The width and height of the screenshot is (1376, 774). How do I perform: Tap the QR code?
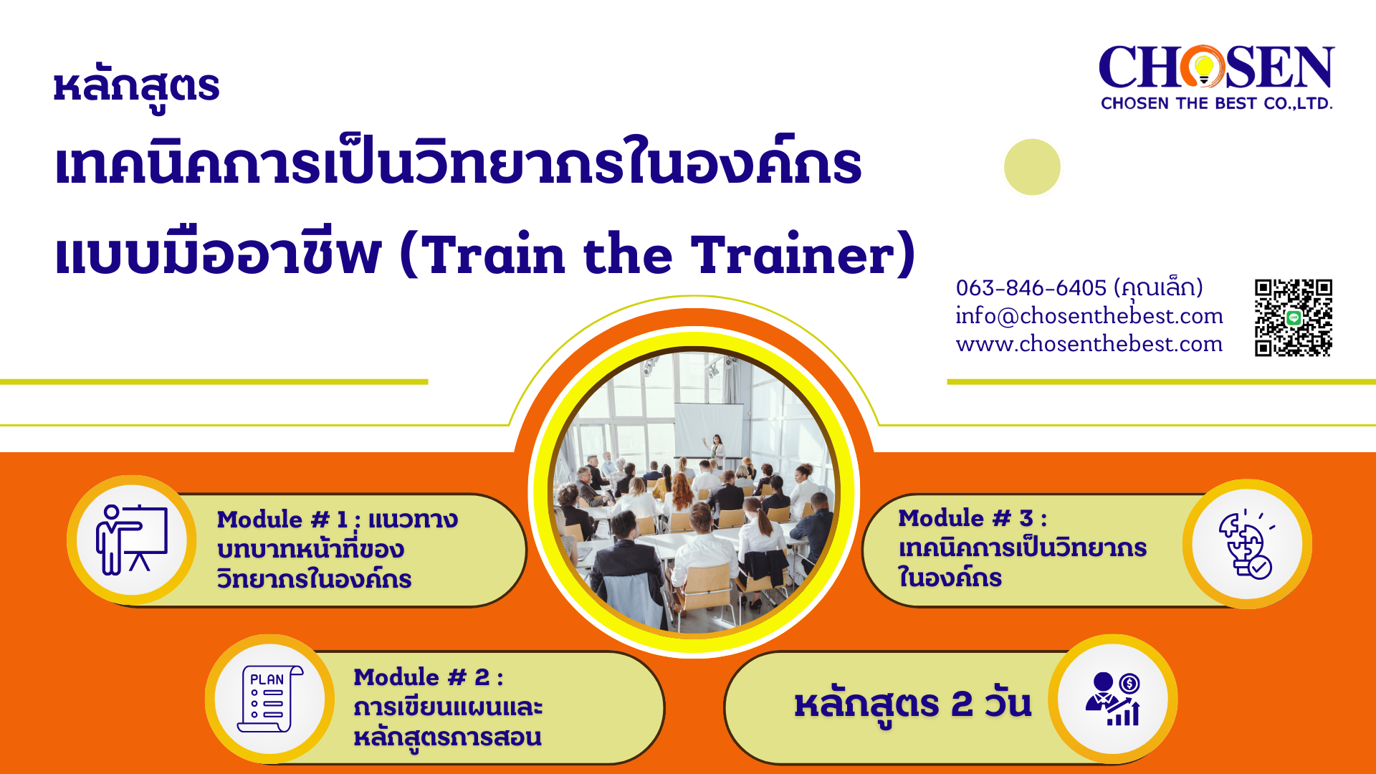click(x=1293, y=317)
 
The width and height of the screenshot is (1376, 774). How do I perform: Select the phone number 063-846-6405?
click(x=1031, y=288)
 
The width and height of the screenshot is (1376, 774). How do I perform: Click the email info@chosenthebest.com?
click(x=1089, y=316)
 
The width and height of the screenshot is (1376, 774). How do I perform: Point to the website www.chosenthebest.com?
click(x=1089, y=344)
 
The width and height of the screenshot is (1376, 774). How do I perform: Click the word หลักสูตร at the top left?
click(x=136, y=87)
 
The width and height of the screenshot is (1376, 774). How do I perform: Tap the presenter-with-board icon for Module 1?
click(x=132, y=540)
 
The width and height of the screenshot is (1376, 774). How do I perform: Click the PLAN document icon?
click(x=269, y=699)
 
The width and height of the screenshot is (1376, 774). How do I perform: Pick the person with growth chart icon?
click(x=1113, y=698)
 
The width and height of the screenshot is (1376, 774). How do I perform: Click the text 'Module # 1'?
click(x=282, y=519)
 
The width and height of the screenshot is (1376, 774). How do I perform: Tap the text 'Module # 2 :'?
click(x=428, y=677)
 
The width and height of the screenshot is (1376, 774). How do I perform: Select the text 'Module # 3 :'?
click(x=973, y=517)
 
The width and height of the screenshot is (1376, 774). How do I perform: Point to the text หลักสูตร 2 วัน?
click(x=913, y=704)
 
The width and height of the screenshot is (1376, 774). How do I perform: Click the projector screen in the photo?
click(x=709, y=430)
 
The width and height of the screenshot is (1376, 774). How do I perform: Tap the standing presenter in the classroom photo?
click(x=715, y=450)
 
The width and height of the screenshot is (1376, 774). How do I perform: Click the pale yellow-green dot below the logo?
click(x=1032, y=167)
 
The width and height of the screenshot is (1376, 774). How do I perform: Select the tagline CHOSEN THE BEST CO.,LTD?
click(x=1216, y=103)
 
